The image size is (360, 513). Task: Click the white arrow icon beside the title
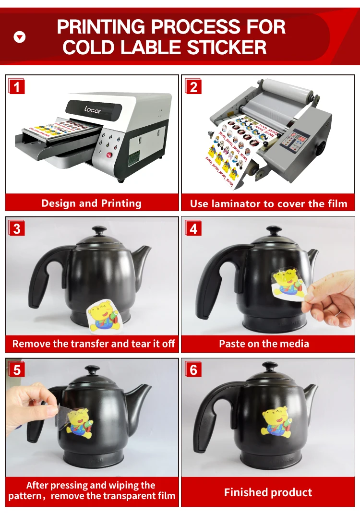(20, 36)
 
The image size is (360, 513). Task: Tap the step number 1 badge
(17, 87)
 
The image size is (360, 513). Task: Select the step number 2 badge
(193, 87)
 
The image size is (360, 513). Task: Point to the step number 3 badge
(17, 229)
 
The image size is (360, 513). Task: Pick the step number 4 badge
(193, 229)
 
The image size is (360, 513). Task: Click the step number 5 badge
(17, 370)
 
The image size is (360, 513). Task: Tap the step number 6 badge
(193, 370)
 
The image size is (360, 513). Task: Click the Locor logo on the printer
(93, 109)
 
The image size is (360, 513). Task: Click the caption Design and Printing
(91, 203)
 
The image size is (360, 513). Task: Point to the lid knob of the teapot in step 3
(99, 231)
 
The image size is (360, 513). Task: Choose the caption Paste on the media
(264, 344)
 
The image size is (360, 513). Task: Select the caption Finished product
(268, 492)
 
